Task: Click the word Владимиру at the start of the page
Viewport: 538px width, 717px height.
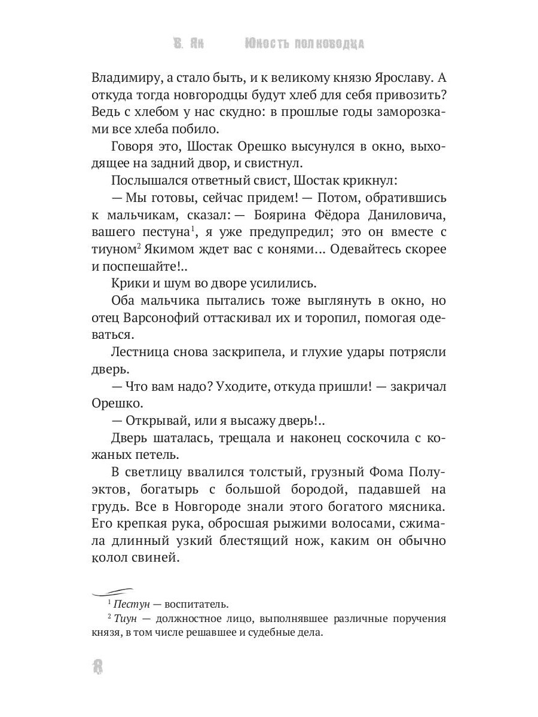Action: [125, 77]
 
